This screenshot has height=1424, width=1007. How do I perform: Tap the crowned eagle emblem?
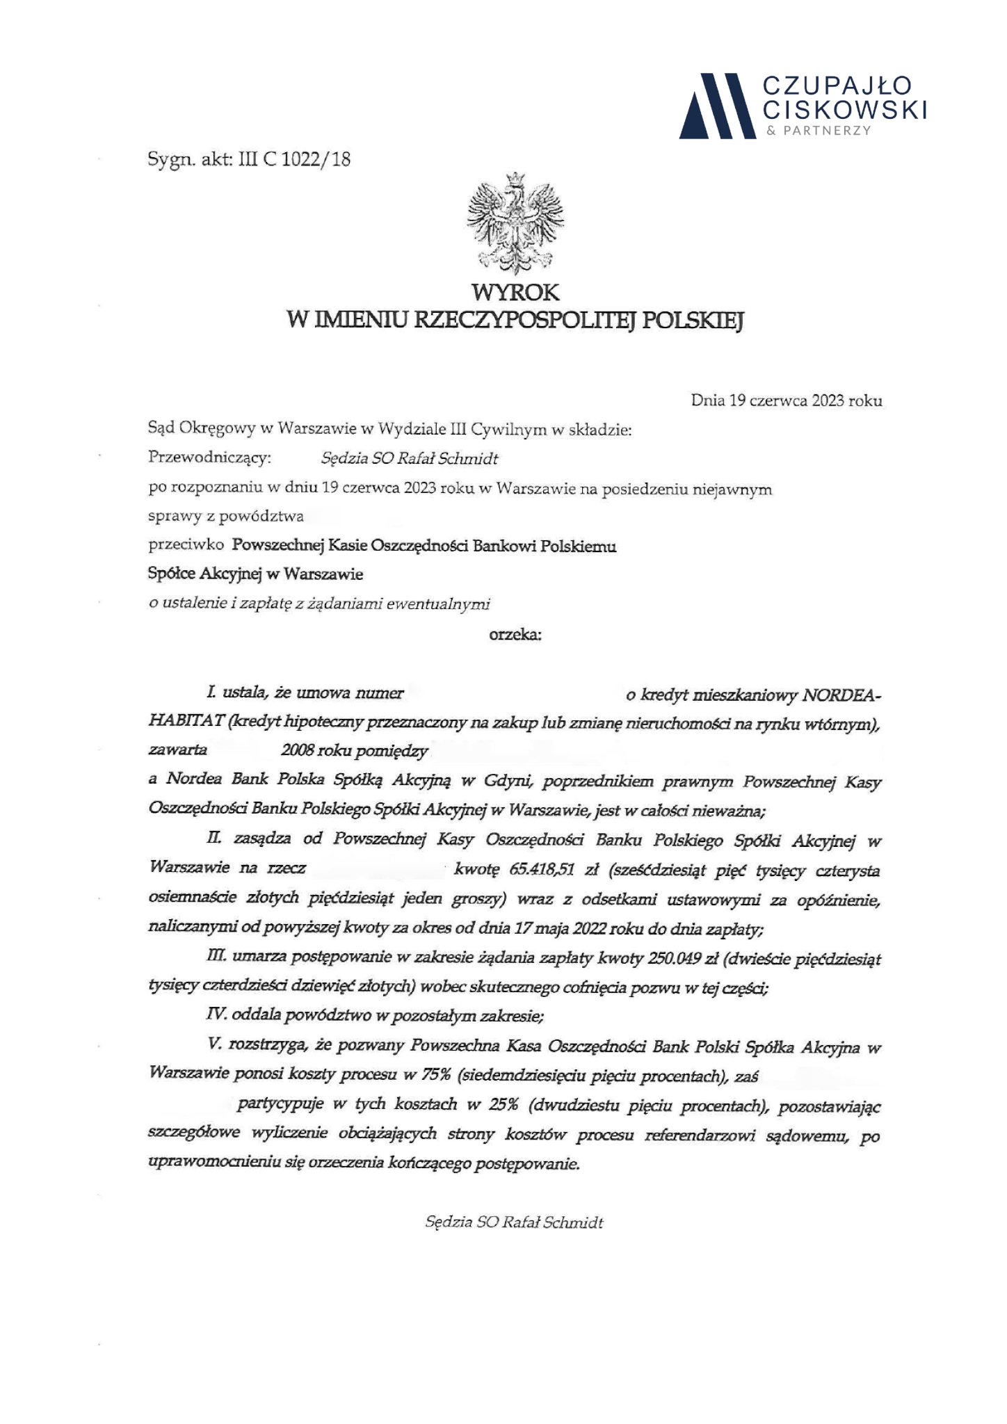coord(515,224)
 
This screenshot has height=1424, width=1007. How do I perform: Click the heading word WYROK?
coord(515,291)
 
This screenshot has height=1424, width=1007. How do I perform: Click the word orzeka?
coord(515,634)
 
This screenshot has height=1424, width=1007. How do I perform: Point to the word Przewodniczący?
coord(210,459)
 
